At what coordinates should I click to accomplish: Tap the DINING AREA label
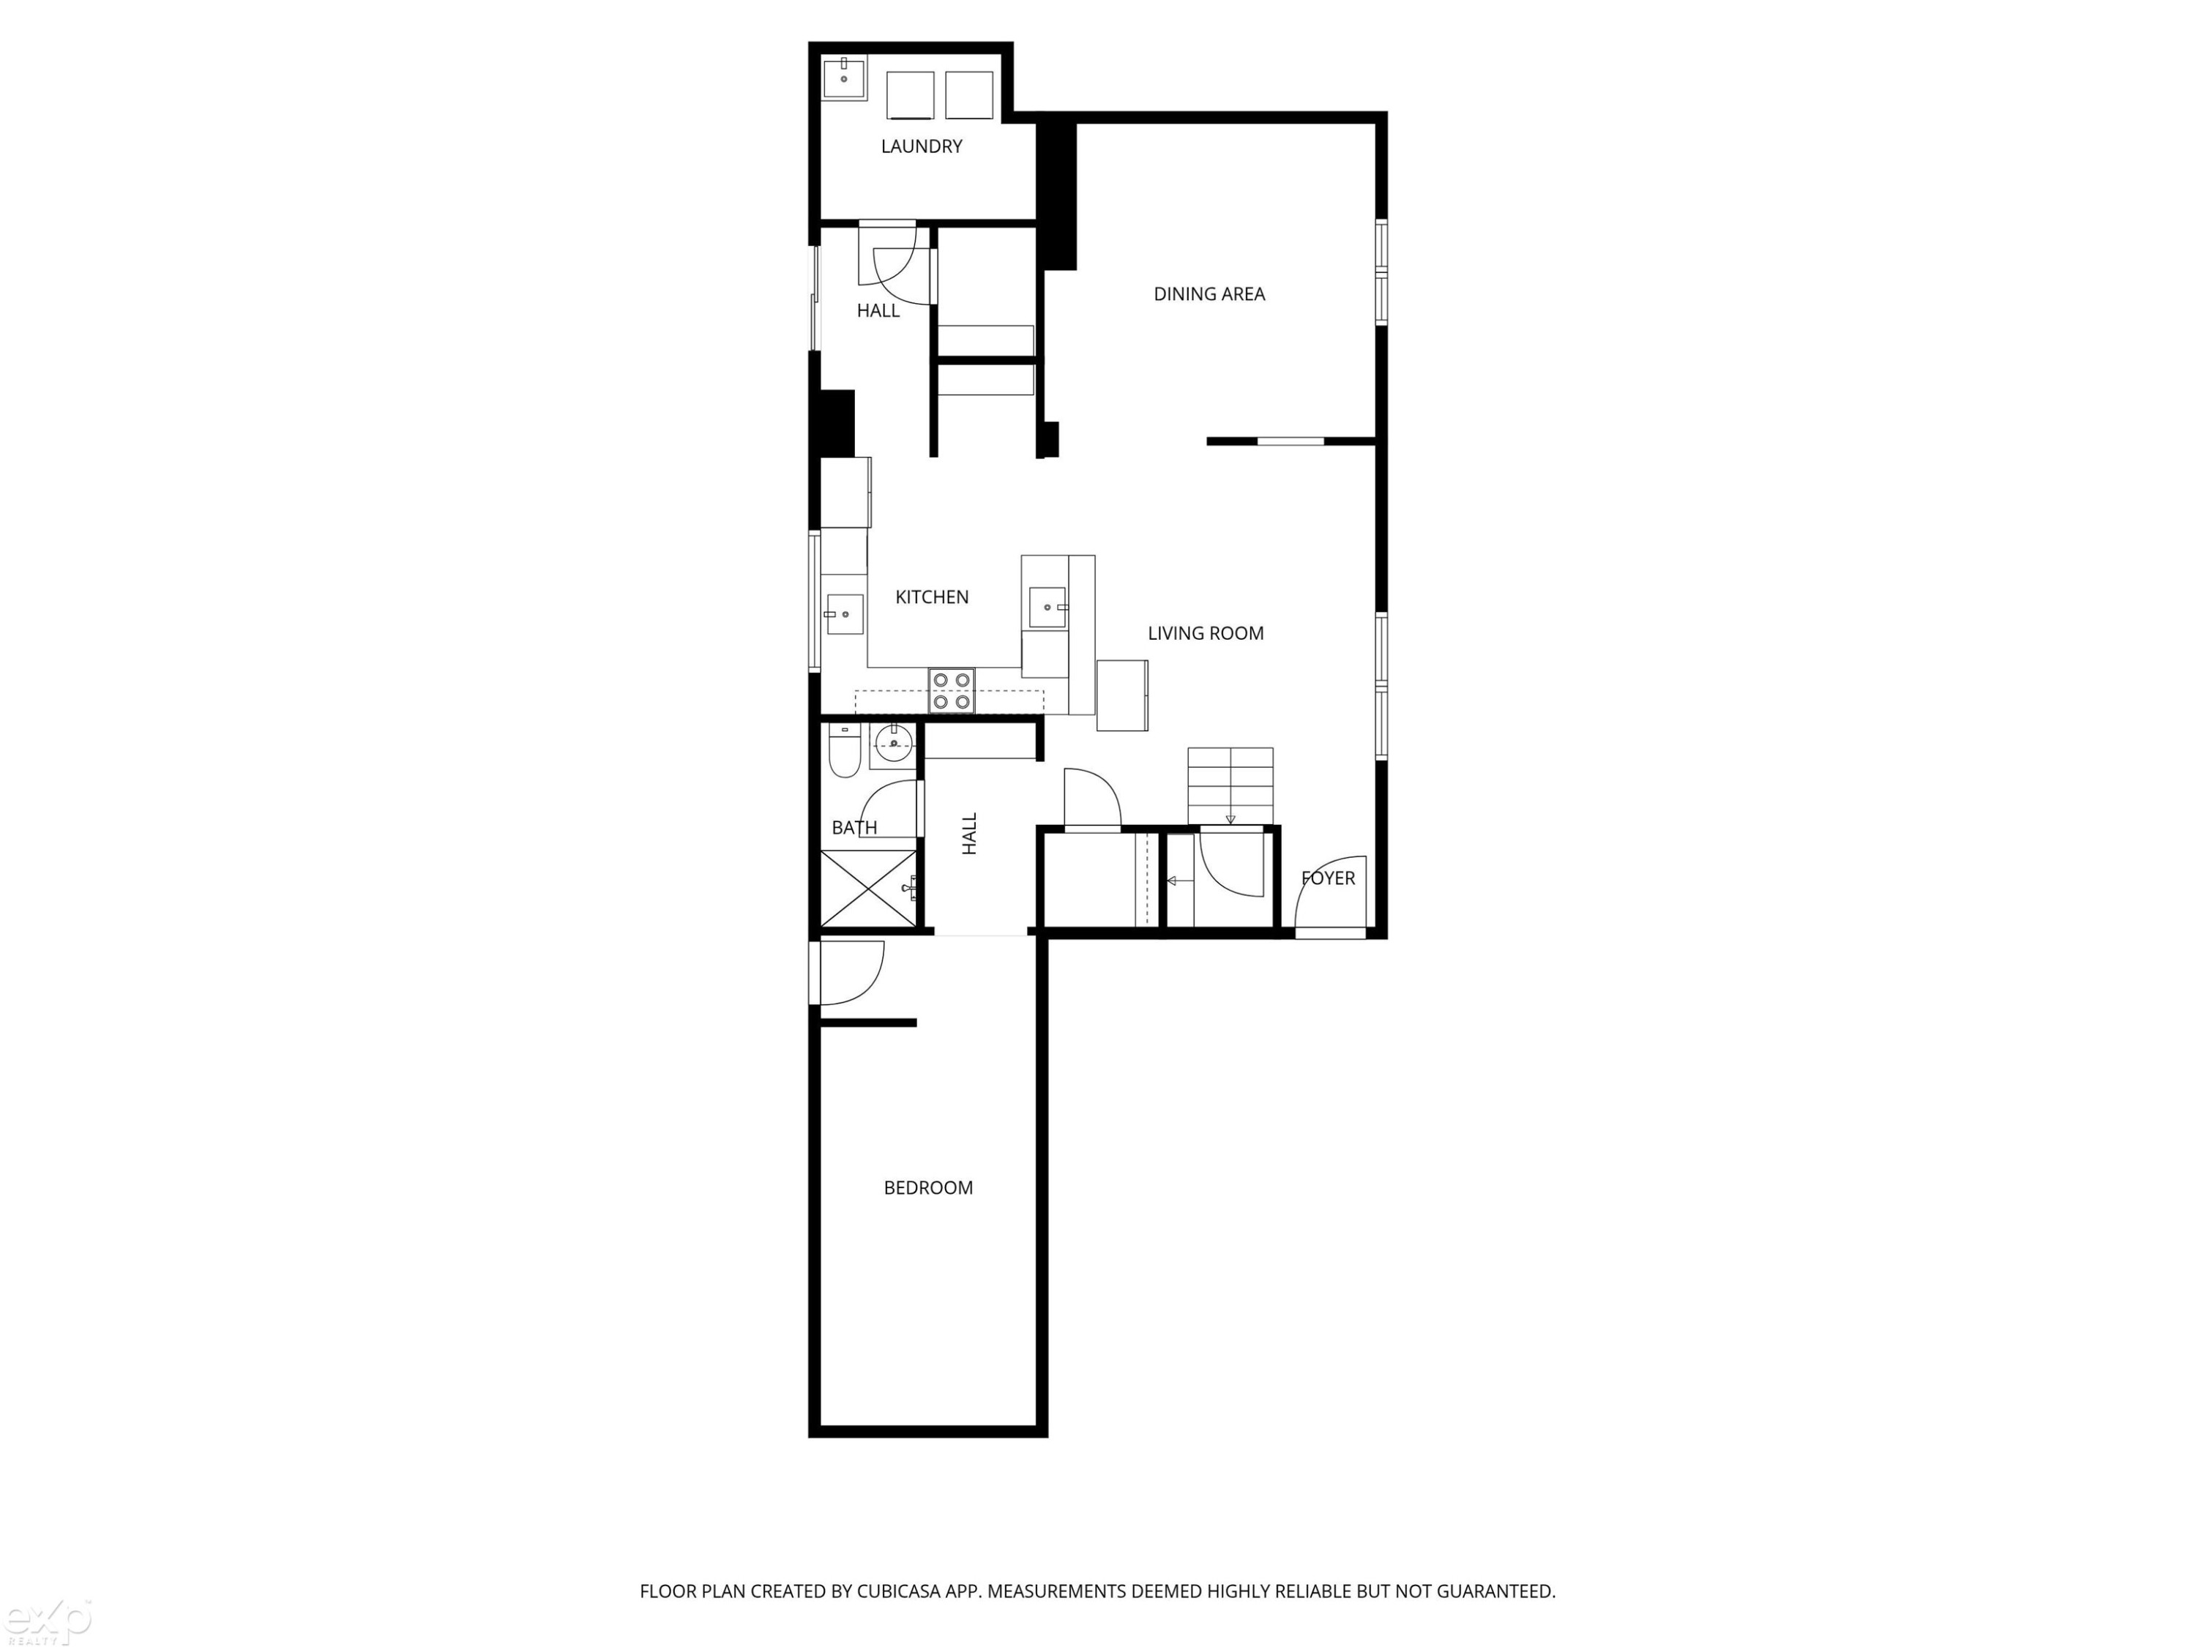click(1209, 294)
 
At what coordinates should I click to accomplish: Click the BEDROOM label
click(928, 1187)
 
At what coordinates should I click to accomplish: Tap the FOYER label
click(1329, 878)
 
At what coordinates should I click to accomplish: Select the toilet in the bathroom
click(845, 752)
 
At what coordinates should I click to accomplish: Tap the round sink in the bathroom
click(894, 742)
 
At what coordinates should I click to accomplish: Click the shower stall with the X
click(869, 889)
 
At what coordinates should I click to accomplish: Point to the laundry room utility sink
click(845, 78)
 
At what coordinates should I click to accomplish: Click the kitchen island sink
click(1047, 607)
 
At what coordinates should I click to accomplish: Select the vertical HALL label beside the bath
click(970, 834)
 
